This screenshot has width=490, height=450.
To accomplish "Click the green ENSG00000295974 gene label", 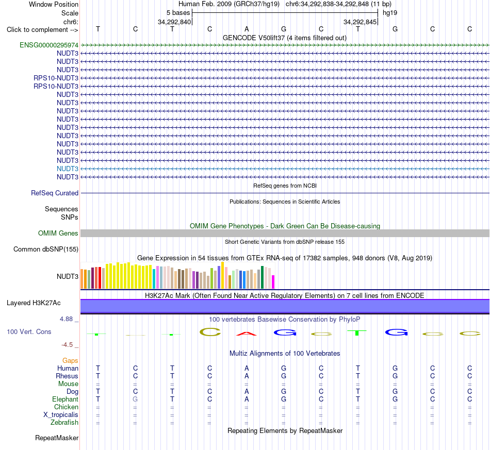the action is click(x=49, y=45).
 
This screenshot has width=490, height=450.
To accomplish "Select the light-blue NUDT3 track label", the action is click(x=68, y=169).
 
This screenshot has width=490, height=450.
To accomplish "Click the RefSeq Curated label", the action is click(x=55, y=193).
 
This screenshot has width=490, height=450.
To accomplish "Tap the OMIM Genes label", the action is click(x=58, y=234).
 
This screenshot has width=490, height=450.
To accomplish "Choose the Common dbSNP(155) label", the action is click(x=46, y=249).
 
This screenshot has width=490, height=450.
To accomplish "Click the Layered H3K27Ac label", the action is click(x=34, y=303).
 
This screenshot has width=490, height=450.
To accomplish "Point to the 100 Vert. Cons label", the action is click(x=29, y=331).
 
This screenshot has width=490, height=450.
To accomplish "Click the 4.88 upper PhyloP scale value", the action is click(x=66, y=319).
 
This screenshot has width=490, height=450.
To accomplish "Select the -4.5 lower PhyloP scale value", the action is click(x=67, y=345).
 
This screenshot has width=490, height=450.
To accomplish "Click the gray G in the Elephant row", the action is click(x=135, y=399).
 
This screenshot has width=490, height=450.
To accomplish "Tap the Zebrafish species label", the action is click(x=64, y=423).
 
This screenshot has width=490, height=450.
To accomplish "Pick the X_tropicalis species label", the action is click(x=61, y=415).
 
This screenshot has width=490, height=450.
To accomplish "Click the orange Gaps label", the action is click(x=70, y=361).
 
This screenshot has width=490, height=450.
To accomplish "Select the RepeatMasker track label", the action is click(x=57, y=438).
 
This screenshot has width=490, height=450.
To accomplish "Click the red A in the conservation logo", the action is click(x=247, y=334).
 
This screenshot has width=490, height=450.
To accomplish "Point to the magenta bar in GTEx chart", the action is click(x=273, y=281).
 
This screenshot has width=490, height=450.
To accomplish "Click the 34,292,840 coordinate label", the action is click(x=174, y=22).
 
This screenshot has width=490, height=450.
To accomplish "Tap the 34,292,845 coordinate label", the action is click(x=360, y=22).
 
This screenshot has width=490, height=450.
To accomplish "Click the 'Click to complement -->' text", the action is click(x=42, y=30).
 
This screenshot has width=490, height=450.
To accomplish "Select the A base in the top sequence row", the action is click(x=247, y=29).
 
